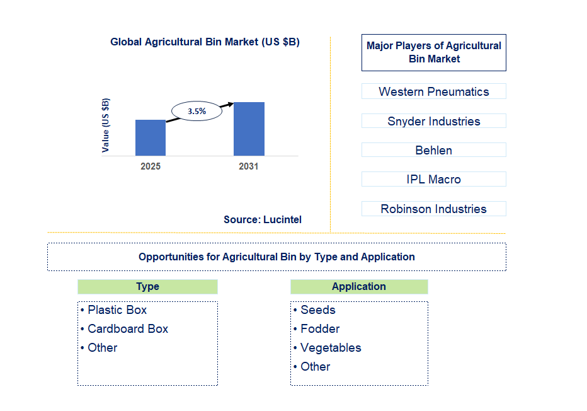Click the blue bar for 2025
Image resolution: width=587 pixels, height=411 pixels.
pyautogui.click(x=151, y=137)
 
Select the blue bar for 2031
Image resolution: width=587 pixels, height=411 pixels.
pyautogui.click(x=249, y=129)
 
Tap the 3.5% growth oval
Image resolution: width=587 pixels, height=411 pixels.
pyautogui.click(x=197, y=111)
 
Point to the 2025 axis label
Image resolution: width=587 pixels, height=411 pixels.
pyautogui.click(x=151, y=167)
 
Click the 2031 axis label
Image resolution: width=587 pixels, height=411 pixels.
pyautogui.click(x=248, y=167)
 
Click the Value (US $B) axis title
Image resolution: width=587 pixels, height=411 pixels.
pyautogui.click(x=105, y=125)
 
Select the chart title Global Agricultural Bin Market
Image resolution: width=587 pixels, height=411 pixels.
pyautogui.click(x=205, y=42)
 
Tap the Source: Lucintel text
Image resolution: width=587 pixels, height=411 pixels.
pyautogui.click(x=262, y=219)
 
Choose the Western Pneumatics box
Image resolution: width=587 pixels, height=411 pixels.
pyautogui.click(x=433, y=91)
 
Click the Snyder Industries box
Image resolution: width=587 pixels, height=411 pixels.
pyautogui.click(x=433, y=121)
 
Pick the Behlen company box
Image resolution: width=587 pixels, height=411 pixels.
pyautogui.click(x=433, y=150)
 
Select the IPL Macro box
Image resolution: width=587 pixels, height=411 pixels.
pyautogui.click(x=433, y=179)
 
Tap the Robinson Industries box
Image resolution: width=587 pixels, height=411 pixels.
pyautogui.click(x=433, y=209)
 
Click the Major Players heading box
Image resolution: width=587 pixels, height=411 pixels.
pyautogui.click(x=433, y=52)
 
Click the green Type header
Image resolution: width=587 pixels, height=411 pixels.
pyautogui.click(x=147, y=287)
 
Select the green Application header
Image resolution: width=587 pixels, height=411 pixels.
pyautogui.click(x=359, y=287)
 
